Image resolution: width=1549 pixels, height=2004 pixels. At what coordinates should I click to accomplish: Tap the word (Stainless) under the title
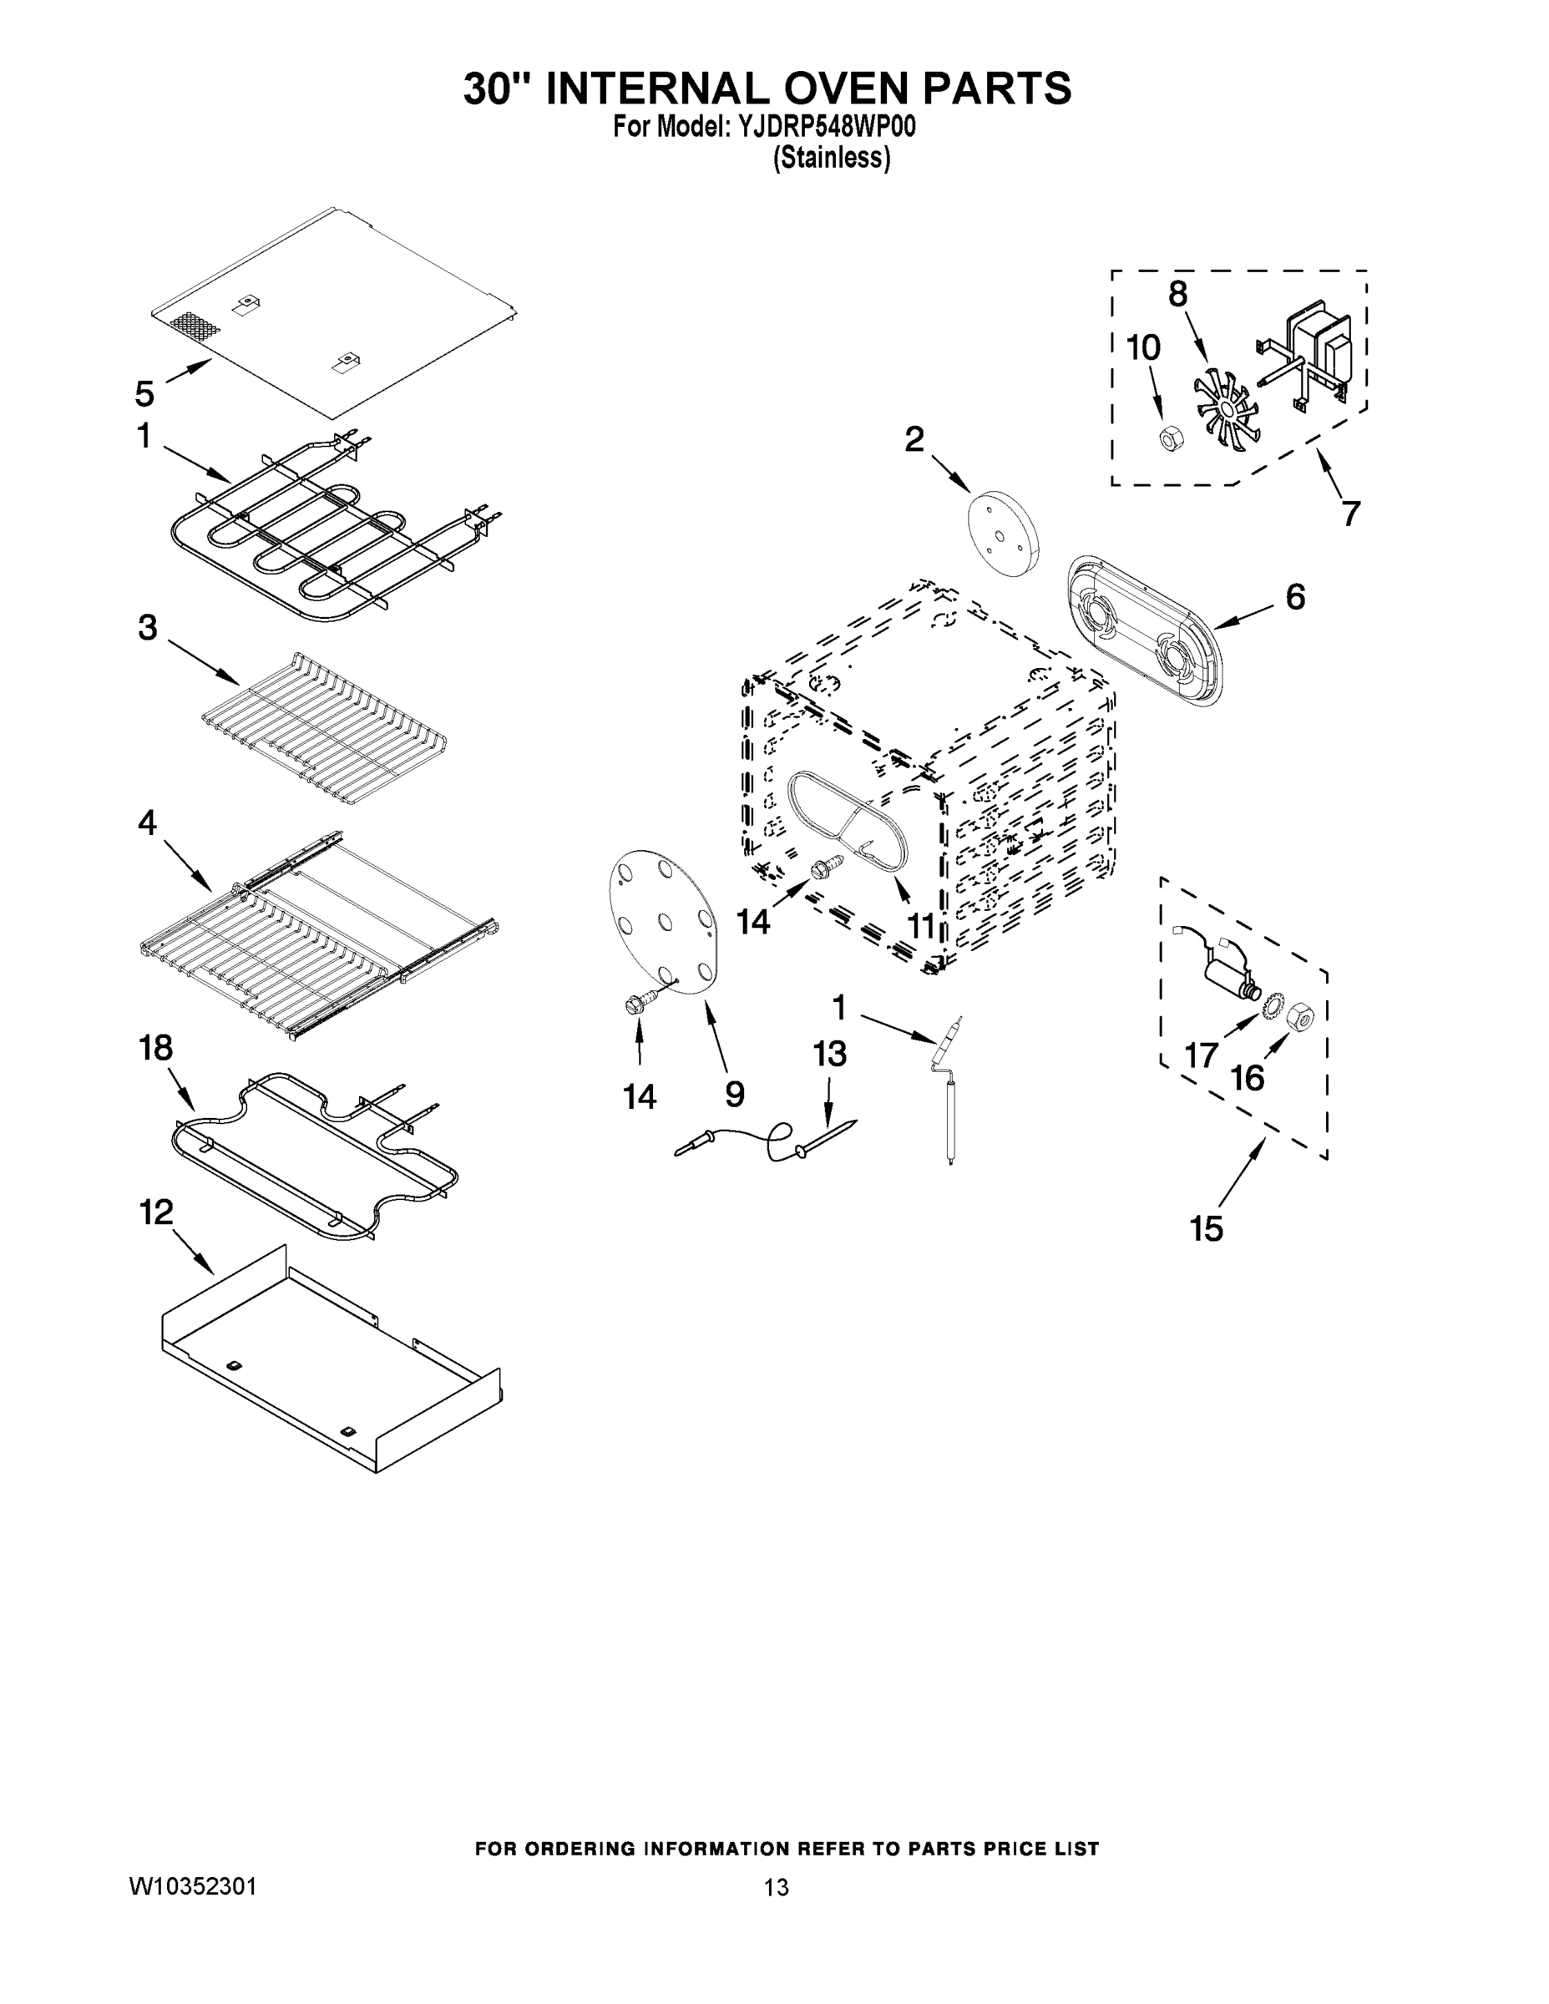coord(831,158)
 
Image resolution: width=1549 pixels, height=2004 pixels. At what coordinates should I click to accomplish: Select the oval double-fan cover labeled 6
coord(1147,629)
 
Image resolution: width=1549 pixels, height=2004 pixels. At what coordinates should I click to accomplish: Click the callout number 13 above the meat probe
coord(828,1055)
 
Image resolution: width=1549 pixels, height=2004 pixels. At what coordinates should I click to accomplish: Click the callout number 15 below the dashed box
coord(1207,1227)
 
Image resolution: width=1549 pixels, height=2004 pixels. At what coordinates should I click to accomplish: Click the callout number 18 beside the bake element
coord(155,1047)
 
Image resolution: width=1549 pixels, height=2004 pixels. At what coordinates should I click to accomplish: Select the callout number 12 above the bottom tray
coord(156,1212)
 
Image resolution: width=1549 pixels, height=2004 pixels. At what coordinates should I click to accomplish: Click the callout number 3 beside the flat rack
coord(147,628)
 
